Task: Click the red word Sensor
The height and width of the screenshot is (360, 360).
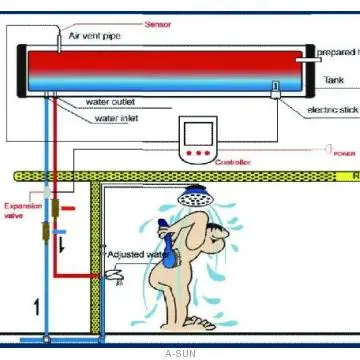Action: click(x=158, y=23)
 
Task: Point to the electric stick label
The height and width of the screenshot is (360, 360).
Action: click(x=332, y=109)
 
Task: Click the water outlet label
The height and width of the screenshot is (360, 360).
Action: click(x=111, y=101)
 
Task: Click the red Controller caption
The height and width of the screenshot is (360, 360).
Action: click(x=233, y=162)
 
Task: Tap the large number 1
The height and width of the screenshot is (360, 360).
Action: click(x=36, y=306)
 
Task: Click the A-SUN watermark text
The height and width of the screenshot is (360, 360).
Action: click(x=180, y=353)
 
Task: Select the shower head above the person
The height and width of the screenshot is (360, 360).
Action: click(x=196, y=198)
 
